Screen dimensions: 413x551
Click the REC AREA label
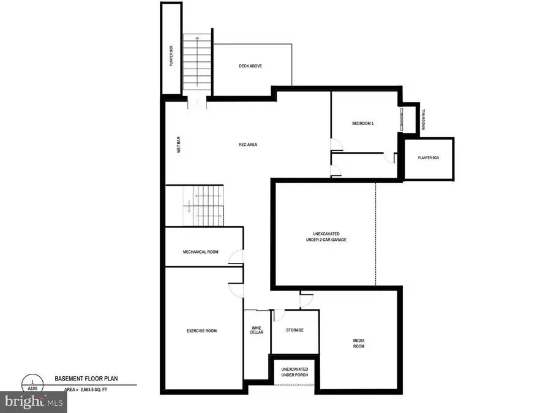tap(248, 145)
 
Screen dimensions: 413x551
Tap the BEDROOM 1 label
tap(362, 123)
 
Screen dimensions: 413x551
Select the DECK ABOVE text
tap(250, 66)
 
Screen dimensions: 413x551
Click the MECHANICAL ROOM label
tap(200, 252)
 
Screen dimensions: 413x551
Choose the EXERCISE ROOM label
tap(201, 331)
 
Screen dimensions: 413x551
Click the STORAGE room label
tap(295, 330)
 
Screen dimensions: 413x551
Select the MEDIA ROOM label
tap(358, 343)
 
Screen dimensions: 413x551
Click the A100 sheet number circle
tap(32, 384)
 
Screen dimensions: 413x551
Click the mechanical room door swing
tap(236, 257)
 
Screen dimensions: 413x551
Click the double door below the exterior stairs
tap(197, 103)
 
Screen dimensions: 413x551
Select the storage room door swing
tap(279, 315)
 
